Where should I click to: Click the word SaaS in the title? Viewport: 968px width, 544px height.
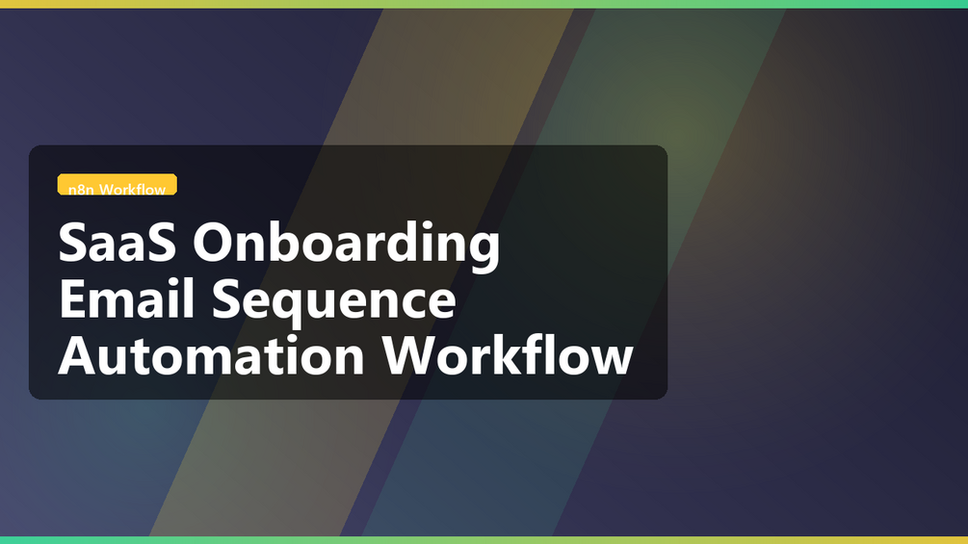pos(117,243)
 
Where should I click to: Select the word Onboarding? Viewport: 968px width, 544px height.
pos(347,245)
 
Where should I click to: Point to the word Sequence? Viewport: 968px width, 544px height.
pos(334,303)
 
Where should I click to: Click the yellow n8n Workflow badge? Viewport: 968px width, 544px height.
pos(118,185)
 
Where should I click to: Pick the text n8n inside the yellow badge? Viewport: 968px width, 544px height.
pos(81,190)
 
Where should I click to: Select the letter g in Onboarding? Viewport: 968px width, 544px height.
pos(483,251)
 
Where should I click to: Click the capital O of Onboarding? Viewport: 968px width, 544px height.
pos(214,243)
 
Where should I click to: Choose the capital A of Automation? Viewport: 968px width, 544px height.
pos(78,355)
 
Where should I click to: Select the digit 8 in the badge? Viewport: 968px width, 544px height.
pos(81,190)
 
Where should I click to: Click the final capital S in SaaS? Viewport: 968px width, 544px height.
pos(161,243)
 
